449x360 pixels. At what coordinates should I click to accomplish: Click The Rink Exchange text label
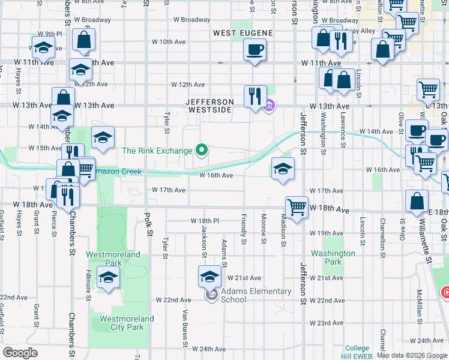157,151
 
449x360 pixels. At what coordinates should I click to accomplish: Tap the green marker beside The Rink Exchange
202,150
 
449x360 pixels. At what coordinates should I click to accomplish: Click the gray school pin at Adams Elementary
211,295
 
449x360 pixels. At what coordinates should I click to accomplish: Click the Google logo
20,353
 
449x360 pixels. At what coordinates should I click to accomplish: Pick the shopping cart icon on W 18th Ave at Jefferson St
297,206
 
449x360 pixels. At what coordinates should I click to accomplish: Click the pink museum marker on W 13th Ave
269,106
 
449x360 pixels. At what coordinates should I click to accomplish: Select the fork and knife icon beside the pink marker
255,95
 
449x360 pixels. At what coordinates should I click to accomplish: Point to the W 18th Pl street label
205,221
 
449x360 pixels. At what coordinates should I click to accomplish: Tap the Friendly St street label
244,229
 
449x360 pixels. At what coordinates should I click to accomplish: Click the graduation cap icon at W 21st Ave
209,277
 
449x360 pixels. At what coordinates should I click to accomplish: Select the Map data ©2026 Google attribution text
412,355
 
